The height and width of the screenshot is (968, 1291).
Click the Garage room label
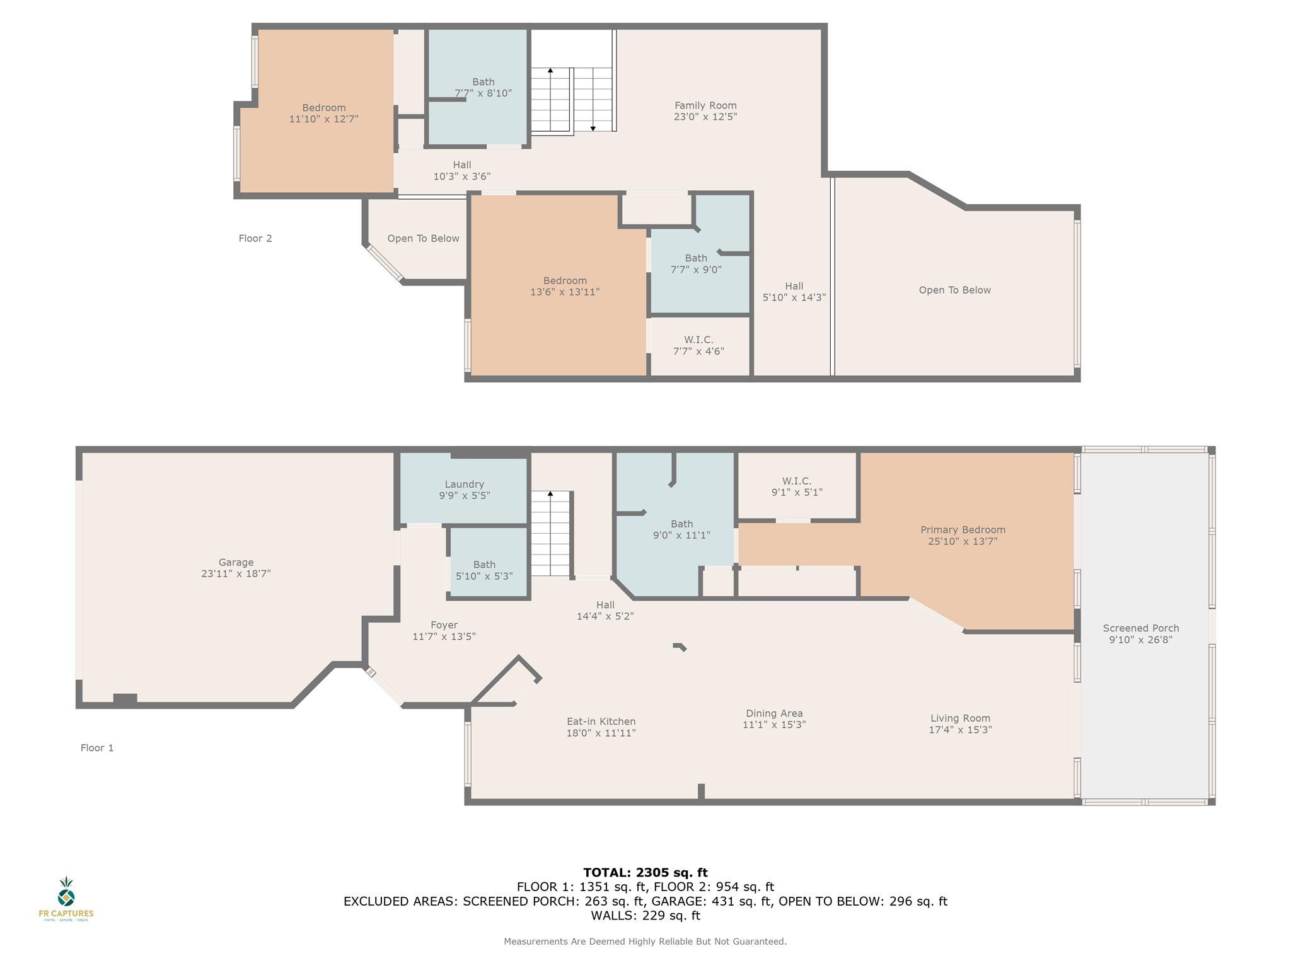tap(236, 562)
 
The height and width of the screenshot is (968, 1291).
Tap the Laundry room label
tap(464, 484)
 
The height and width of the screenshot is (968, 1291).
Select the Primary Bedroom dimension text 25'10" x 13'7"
tap(963, 541)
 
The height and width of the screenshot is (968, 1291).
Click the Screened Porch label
tap(1141, 628)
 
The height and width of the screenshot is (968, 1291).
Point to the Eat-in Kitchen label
tap(601, 722)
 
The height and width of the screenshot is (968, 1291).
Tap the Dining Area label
tap(774, 713)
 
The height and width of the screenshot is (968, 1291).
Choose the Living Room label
tap(960, 718)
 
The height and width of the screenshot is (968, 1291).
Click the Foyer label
tap(444, 625)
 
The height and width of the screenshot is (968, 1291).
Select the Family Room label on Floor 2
tap(705, 105)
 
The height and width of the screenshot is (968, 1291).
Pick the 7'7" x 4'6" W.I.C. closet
tap(698, 345)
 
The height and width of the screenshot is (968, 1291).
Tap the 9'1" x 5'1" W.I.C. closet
tap(797, 487)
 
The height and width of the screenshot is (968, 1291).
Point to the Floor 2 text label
tap(255, 238)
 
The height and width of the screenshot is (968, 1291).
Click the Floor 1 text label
tap(97, 748)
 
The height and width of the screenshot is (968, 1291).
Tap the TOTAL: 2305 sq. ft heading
tap(645, 872)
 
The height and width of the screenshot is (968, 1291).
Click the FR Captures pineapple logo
tap(66, 891)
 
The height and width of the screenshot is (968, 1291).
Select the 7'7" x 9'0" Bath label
tap(696, 263)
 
